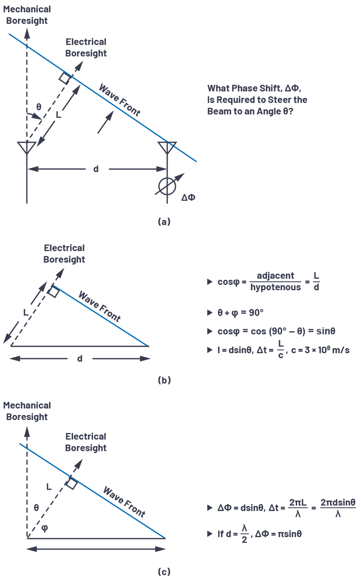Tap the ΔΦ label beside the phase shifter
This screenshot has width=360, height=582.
pos(188,198)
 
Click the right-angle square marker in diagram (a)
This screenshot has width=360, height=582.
pos(65,78)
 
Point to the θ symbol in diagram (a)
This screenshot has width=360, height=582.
pos(39,107)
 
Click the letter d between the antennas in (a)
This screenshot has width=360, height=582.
pos(96,169)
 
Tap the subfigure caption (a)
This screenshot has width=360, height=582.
pos(164,221)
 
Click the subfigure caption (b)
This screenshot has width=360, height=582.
pos(164,380)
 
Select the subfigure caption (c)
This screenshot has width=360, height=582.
pos(164,572)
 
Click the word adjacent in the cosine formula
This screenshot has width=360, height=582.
pos(275,276)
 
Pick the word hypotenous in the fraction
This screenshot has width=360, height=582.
pos(275,287)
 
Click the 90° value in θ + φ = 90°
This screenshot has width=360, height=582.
pos(256,312)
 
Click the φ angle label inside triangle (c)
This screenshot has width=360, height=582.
pos(45,528)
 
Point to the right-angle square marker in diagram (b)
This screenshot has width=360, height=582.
pos(54,292)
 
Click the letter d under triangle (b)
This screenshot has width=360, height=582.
pos(80,358)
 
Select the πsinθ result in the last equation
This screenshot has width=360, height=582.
pos(290,534)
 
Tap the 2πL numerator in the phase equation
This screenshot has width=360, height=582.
pos(298,502)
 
